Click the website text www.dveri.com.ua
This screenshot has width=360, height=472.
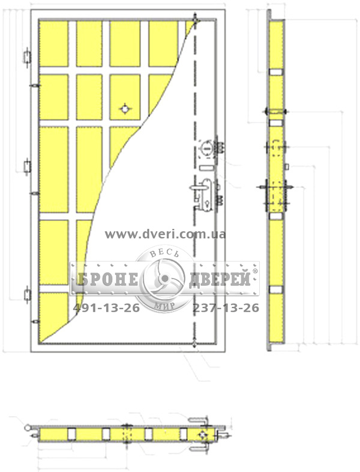pyautogui.click(x=165, y=234)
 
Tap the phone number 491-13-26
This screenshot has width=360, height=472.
pyautogui.click(x=106, y=308)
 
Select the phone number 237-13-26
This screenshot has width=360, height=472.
pyautogui.click(x=226, y=308)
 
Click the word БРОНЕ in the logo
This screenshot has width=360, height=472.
pyautogui.click(x=107, y=279)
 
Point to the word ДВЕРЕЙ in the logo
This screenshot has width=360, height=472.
pyautogui.click(x=220, y=279)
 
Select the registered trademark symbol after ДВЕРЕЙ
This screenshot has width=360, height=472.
pyautogui.click(x=255, y=271)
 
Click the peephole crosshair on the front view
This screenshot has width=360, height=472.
pyautogui.click(x=125, y=108)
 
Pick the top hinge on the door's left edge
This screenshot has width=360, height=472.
pyautogui.click(x=27, y=56)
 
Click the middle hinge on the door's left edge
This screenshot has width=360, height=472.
pyautogui.click(x=27, y=166)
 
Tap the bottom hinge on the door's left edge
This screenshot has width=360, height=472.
pyautogui.click(x=27, y=294)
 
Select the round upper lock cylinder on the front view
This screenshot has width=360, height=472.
pyautogui.click(x=206, y=148)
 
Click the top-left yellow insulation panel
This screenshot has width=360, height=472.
pyautogui.click(x=54, y=44)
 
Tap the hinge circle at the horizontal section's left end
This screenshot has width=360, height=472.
pyautogui.click(x=28, y=427)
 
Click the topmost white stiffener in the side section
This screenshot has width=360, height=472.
pyautogui.click(x=275, y=72)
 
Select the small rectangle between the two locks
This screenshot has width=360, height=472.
pyautogui.click(x=206, y=168)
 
